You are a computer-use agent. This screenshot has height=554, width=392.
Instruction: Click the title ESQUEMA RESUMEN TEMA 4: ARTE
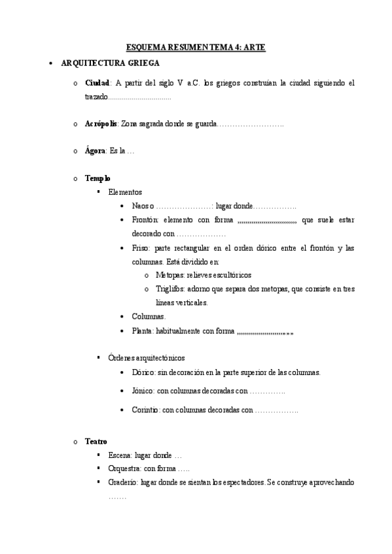pos(196,48)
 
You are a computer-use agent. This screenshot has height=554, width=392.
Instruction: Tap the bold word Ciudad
pos(97,84)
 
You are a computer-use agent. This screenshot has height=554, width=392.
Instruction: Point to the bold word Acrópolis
pos(101,123)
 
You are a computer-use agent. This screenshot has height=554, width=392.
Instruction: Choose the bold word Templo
pos(98,178)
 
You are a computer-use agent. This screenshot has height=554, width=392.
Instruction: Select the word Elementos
pos(125,192)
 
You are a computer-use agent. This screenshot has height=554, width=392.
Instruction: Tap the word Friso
pos(140,248)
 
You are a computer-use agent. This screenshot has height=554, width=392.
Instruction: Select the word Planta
pos(141,331)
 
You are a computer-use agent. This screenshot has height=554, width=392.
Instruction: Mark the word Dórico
pos(142,372)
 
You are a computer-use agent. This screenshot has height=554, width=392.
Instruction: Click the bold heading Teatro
pos(96,442)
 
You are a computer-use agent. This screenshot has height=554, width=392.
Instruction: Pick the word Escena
pos(120,455)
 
